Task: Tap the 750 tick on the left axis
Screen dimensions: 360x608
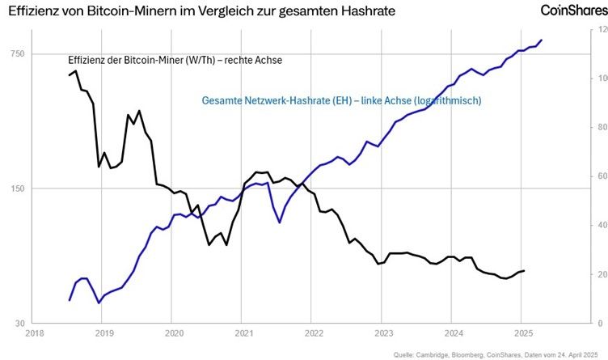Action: [x=17, y=53]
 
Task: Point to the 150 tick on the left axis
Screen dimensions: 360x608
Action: [x=17, y=188]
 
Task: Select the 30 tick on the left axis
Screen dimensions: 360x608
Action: [x=19, y=324]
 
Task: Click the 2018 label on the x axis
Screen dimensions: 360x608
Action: [x=34, y=332]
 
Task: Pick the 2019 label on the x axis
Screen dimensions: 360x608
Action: [x=103, y=332]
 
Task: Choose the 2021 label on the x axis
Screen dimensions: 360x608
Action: [x=243, y=332]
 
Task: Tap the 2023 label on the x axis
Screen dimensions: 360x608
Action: [x=383, y=332]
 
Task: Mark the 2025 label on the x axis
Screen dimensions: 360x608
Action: [x=522, y=332]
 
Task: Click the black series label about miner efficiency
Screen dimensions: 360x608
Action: [x=174, y=60]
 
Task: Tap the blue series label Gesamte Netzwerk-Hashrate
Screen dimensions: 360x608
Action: [x=341, y=101]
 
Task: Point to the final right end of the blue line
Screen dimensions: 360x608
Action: [x=542, y=40]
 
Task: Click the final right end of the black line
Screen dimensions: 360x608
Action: [x=524, y=270]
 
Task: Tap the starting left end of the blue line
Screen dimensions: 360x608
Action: [x=70, y=300]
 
